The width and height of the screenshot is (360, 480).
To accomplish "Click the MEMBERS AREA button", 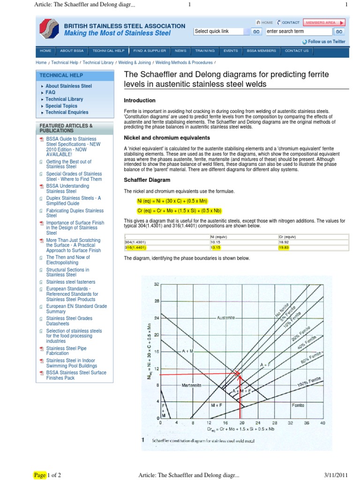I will [324, 22].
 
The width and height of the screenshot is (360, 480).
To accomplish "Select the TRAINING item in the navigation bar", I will [205, 51].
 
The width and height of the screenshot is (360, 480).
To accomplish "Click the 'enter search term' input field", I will [298, 31].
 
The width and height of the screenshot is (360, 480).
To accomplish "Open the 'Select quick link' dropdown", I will [218, 31].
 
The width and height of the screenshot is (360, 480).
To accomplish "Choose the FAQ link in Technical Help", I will [50, 92].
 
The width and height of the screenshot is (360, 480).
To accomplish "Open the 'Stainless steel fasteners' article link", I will [70, 282].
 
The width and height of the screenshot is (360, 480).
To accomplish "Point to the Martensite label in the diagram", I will [191, 384].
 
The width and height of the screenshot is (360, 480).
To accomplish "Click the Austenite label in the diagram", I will [226, 318].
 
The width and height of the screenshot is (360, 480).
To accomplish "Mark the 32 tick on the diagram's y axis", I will [157, 285].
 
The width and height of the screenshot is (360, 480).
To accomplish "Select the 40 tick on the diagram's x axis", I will [322, 422].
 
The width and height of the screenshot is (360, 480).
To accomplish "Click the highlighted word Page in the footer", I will [40, 475].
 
